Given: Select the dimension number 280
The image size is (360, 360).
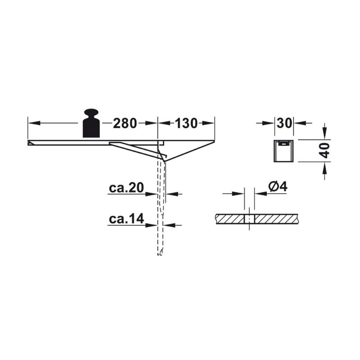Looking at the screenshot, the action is pos(125,123).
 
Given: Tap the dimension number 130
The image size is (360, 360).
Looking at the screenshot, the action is pos(186,123).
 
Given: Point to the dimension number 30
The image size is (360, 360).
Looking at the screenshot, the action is pos(284,123).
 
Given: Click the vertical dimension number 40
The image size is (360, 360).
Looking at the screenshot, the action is pos(324,150).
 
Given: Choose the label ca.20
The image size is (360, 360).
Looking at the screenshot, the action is pos(126,188).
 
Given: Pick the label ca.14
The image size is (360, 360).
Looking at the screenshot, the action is pos(126,219).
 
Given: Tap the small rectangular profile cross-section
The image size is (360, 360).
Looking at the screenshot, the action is pos(284,151).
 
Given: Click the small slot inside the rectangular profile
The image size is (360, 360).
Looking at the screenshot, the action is pos(284,144).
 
